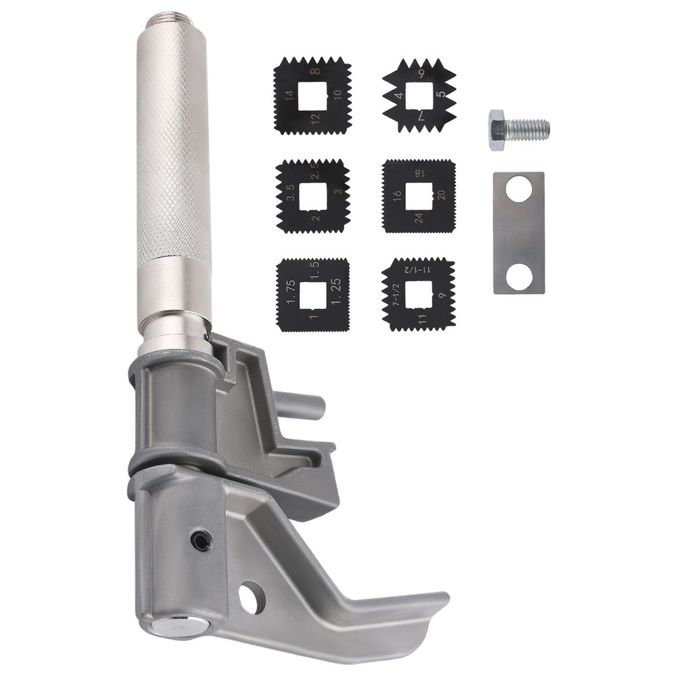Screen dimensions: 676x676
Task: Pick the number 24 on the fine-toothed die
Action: coord(419,218)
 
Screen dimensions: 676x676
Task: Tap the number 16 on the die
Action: coord(397,197)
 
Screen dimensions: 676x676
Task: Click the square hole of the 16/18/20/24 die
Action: coord(418,196)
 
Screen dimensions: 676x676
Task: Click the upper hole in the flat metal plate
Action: coord(518,190)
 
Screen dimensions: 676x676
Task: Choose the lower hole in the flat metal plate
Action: coord(518,276)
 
